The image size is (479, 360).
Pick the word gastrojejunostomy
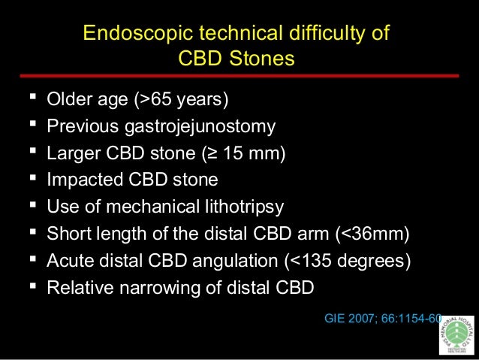tap(200, 126)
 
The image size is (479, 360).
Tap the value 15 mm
tap(255, 153)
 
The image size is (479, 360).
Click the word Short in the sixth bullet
tap(67, 234)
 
